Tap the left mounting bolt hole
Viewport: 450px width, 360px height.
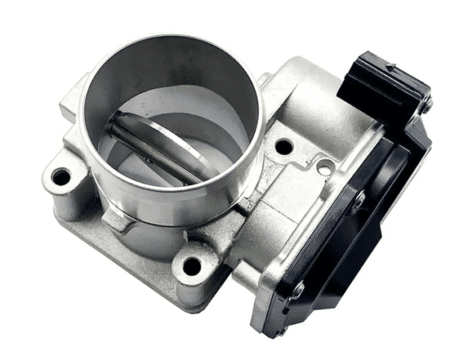click(61, 178)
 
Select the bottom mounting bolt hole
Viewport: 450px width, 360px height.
click(192, 265)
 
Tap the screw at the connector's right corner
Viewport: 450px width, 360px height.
click(424, 106)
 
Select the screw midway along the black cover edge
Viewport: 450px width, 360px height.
click(359, 198)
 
